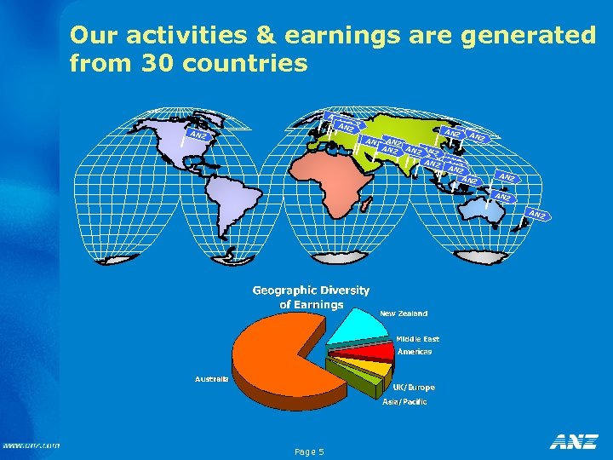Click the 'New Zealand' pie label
[x=404, y=313]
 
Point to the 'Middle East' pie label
[x=417, y=339]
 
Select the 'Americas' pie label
[x=414, y=352]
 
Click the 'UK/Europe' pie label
[x=414, y=388]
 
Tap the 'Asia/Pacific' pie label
[x=404, y=401]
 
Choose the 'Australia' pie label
[x=211, y=377]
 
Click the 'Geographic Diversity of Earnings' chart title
[x=311, y=297]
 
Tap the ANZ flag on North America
[x=198, y=135]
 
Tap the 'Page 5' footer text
[x=308, y=451]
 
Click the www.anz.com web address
[x=31, y=446]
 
